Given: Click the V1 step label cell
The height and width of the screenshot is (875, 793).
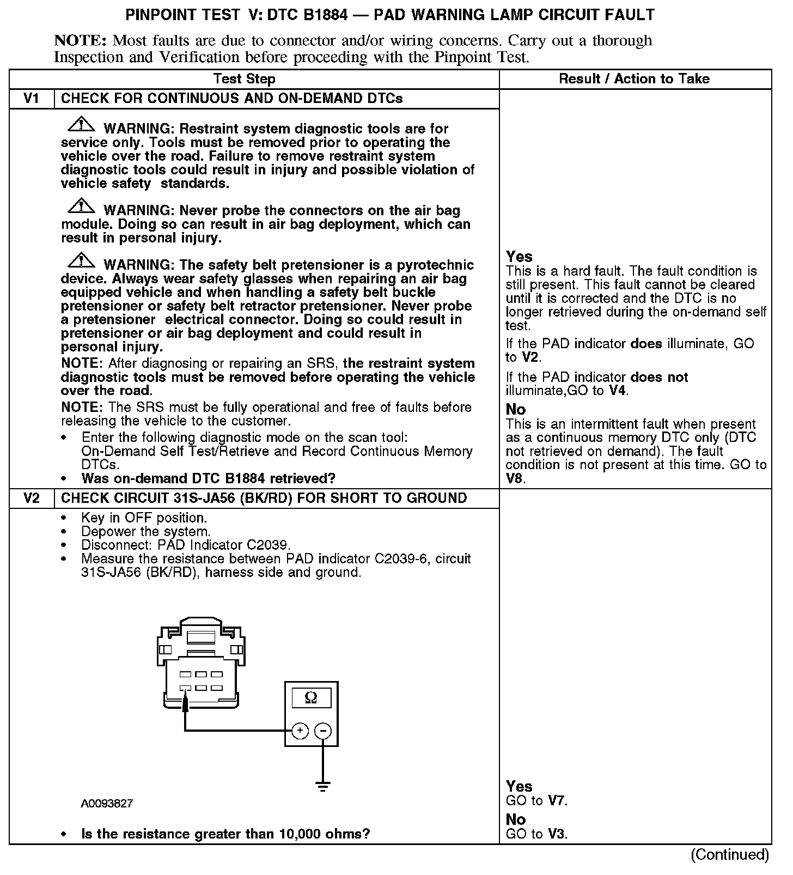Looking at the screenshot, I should [32, 99].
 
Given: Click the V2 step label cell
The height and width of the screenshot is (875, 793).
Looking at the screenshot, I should [32, 499].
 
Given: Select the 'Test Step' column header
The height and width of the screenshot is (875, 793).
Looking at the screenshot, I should [244, 79].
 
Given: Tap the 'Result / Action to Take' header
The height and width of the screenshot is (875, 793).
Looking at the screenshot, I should [635, 79].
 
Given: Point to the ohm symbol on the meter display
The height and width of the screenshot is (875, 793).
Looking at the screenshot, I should [311, 697].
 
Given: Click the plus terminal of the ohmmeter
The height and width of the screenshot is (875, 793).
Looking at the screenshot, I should [300, 731].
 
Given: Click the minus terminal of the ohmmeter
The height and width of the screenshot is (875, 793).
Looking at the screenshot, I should [323, 731].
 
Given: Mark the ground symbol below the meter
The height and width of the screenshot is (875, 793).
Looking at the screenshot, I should [323, 786].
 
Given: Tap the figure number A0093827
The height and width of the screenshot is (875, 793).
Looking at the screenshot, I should [107, 804].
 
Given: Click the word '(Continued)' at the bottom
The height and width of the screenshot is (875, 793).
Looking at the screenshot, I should [730, 855].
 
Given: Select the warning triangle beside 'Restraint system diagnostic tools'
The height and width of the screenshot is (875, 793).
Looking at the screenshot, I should [80, 125].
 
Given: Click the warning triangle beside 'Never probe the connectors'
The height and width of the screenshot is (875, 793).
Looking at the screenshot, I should [80, 206].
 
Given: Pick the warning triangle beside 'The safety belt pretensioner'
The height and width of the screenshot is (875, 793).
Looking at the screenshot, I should [80, 261].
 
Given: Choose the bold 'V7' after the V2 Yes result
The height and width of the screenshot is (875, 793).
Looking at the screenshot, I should [557, 801].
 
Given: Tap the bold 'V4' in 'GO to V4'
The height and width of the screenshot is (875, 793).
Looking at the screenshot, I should [617, 391].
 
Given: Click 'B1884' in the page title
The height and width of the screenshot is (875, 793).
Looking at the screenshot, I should [325, 15].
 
